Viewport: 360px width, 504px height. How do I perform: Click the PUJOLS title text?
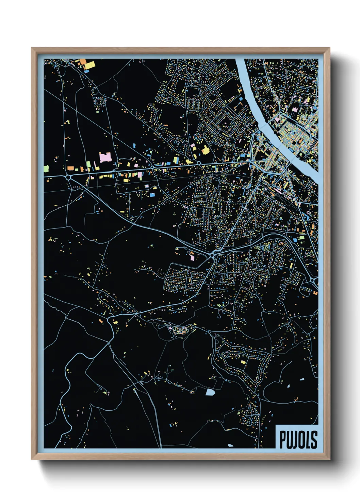[x=298, y=439]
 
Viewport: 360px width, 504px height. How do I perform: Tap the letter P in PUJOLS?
[x=282, y=439]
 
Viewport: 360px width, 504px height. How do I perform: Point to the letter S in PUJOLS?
[x=314, y=439]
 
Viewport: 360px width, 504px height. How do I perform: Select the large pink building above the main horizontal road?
[x=105, y=157]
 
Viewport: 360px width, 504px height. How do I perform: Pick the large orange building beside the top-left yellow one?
[x=83, y=62]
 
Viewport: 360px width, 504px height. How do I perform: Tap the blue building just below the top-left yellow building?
[x=86, y=71]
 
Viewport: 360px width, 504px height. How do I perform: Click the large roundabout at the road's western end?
[x=68, y=177]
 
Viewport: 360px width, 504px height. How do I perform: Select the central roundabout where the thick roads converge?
[x=212, y=255]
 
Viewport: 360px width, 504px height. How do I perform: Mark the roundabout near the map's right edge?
[x=313, y=280]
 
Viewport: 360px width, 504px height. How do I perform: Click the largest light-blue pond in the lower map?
[x=210, y=392]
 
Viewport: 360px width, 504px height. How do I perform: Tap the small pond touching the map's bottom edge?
[x=231, y=445]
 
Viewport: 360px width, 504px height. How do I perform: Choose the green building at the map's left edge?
[x=46, y=168]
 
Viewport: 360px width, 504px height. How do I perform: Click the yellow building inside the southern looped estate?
[x=243, y=362]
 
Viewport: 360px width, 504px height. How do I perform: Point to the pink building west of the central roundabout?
[x=192, y=258]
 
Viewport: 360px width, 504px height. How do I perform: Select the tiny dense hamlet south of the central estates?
[x=180, y=330]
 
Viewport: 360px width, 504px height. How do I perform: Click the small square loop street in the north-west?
[x=99, y=101]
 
